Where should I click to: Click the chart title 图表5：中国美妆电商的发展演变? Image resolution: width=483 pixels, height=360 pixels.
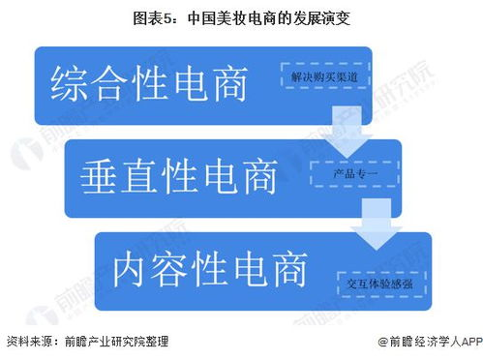click(242, 16)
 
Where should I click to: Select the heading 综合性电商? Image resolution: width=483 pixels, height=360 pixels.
click(149, 84)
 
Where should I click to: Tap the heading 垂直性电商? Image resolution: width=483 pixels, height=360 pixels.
click(179, 176)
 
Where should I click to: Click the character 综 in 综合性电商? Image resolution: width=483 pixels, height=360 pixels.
click(68, 84)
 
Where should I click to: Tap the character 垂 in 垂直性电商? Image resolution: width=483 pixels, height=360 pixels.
click(98, 176)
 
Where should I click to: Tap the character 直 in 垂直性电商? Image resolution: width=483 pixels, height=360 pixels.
click(138, 176)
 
